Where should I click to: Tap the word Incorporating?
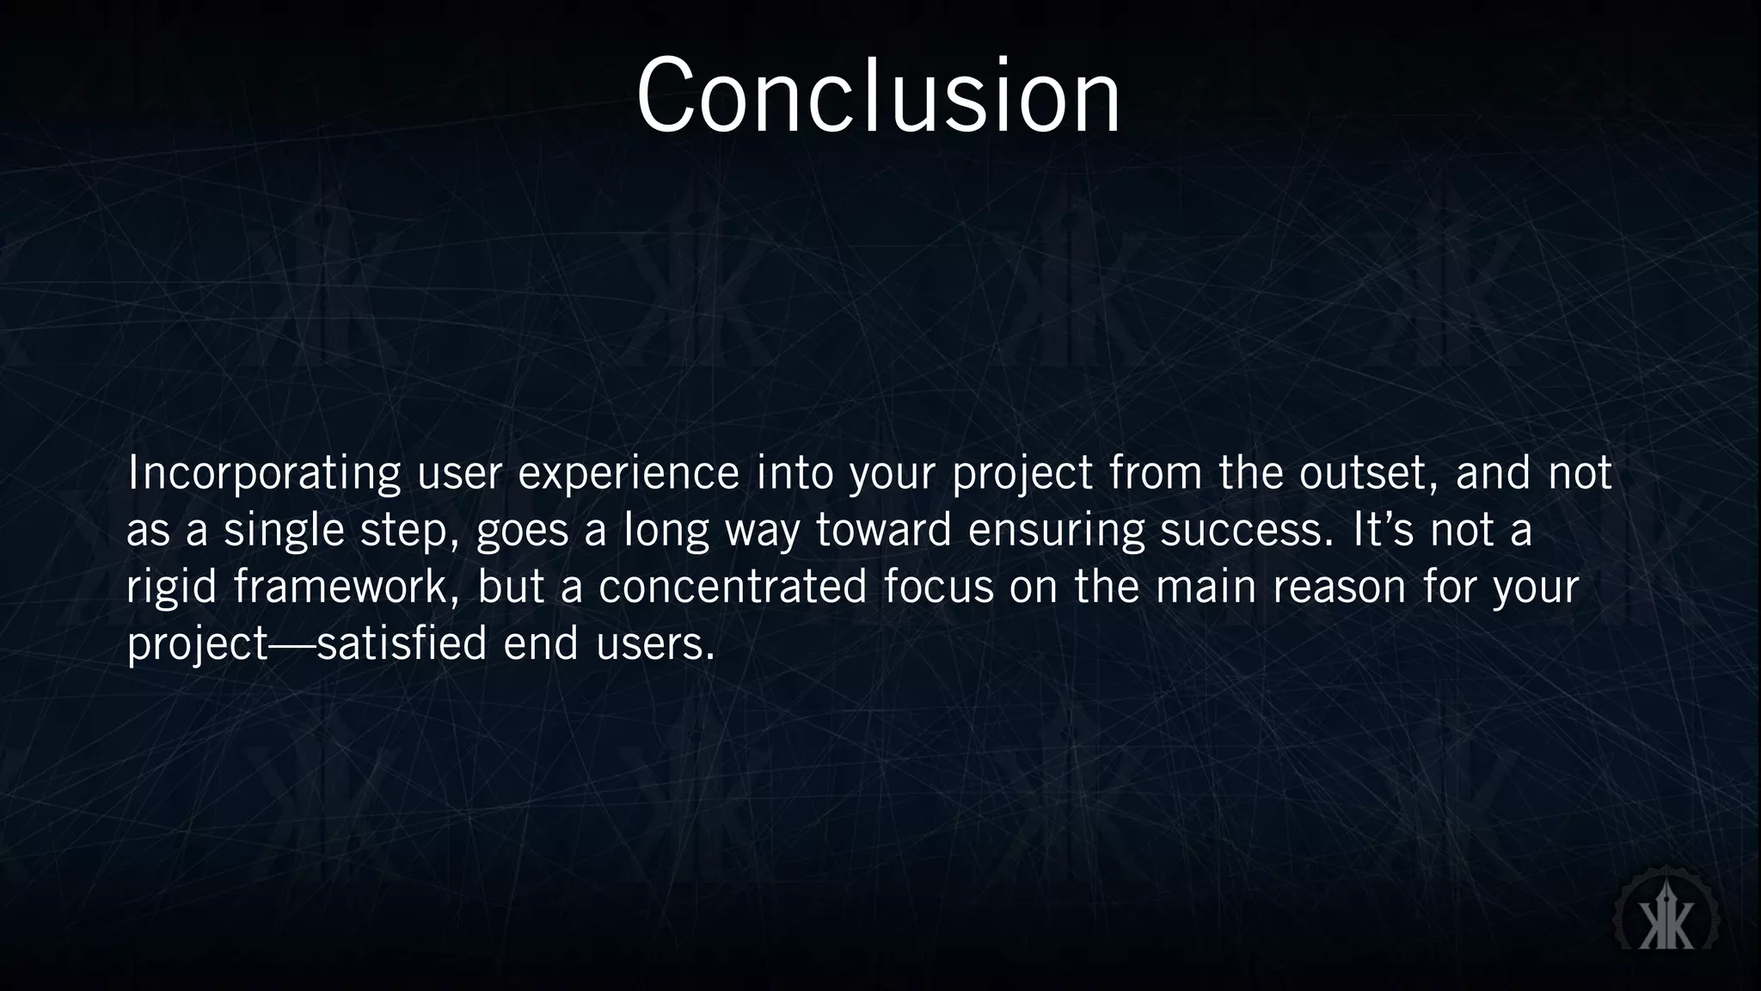tap(264, 473)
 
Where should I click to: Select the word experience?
tap(629, 473)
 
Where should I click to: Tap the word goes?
tap(522, 532)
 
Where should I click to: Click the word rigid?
tap(172, 587)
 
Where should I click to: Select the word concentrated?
tap(733, 587)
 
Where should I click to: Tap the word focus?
tap(938, 587)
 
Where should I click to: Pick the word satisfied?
tap(402, 643)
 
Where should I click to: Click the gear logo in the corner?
tap(1666, 918)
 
